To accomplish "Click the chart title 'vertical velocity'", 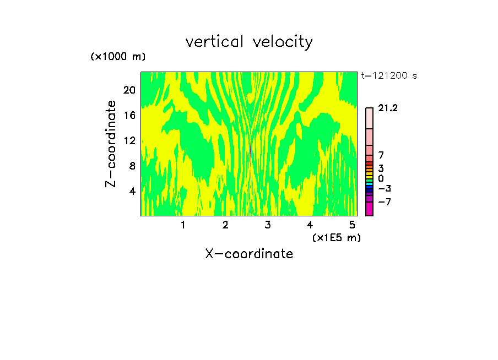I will click(x=249, y=42).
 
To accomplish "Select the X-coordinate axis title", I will click(x=249, y=254).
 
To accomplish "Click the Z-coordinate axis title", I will click(x=112, y=144).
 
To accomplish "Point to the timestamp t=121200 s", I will click(x=388, y=76).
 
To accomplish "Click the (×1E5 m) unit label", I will click(x=336, y=237).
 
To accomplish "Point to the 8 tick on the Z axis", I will click(x=132, y=166).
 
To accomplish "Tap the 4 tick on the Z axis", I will click(x=132, y=191).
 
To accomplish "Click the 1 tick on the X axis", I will click(x=183, y=225).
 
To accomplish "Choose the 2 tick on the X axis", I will click(x=225, y=225).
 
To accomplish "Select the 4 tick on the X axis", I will click(x=310, y=225).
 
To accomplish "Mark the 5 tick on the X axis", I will click(x=351, y=225).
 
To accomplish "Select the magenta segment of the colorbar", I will click(x=369, y=209).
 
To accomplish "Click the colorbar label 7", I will click(x=381, y=156).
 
